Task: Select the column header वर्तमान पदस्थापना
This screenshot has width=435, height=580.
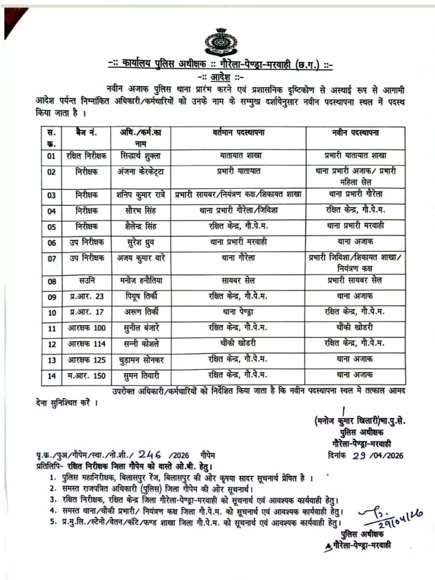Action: point(239,133)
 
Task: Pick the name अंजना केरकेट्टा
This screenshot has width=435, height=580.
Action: point(138,172)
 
